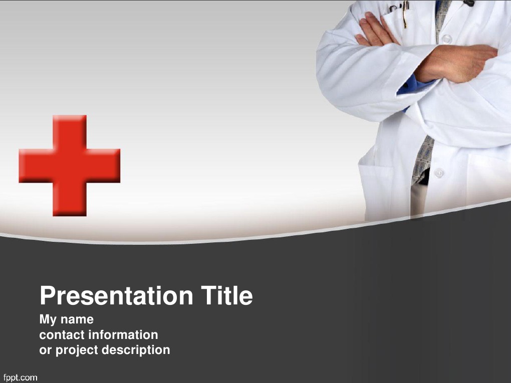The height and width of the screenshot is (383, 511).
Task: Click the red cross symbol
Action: (x=70, y=165)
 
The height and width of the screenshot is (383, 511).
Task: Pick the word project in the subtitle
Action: (x=77, y=350)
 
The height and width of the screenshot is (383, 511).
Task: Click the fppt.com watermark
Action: (x=20, y=377)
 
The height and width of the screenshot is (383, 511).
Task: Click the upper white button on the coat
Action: (x=446, y=39)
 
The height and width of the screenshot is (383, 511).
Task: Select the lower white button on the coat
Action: (x=439, y=173)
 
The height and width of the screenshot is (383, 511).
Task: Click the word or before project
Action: (x=45, y=350)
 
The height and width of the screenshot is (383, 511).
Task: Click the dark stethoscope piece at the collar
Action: (x=468, y=3)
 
